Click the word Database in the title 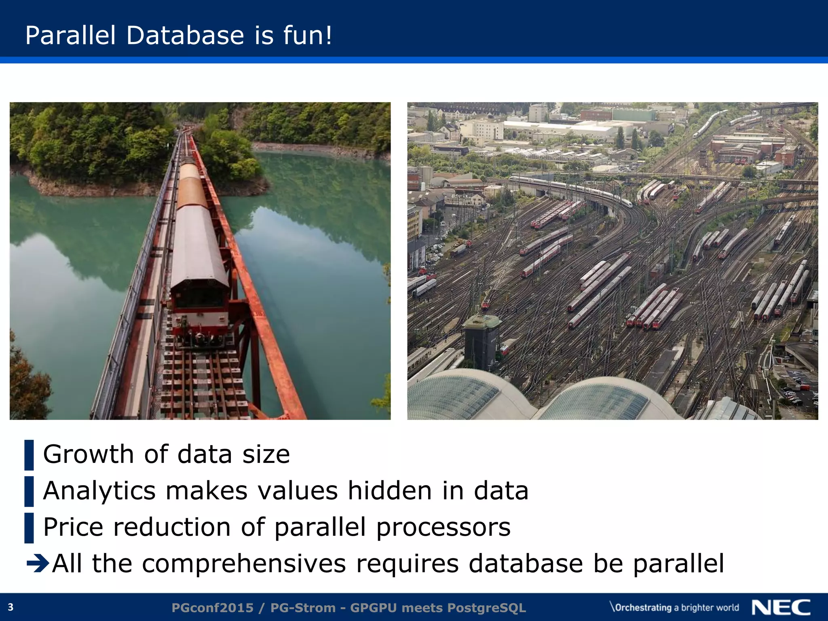185,35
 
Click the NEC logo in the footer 781,607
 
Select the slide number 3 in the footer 11,607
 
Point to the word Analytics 99,491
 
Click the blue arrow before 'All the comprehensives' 38,563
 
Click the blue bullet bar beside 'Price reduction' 29,528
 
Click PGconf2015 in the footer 213,608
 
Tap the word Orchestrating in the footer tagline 643,608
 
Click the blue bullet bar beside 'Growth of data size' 29,455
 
